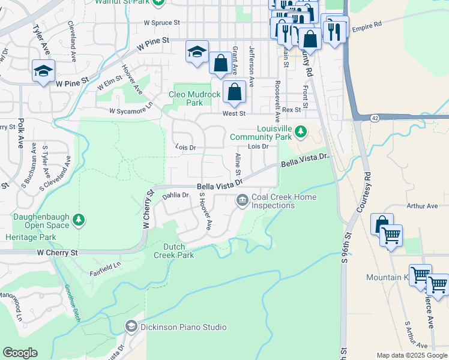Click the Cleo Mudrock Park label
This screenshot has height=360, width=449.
coord(194,98)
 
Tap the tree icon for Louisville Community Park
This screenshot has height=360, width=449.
coord(301,131)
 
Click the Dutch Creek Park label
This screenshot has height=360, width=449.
coord(179,251)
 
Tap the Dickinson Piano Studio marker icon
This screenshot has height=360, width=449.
coord(131,326)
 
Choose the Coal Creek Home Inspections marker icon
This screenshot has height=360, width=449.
coord(242,200)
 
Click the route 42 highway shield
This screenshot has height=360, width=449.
coord(374,118)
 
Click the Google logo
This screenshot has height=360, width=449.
coord(20,353)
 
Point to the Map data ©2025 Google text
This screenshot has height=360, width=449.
coord(412,355)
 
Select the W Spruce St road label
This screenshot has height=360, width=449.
coord(161,23)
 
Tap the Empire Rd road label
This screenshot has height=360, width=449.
coord(367,26)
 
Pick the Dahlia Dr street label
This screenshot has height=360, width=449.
coord(176,195)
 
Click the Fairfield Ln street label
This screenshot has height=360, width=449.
coord(106,264)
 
